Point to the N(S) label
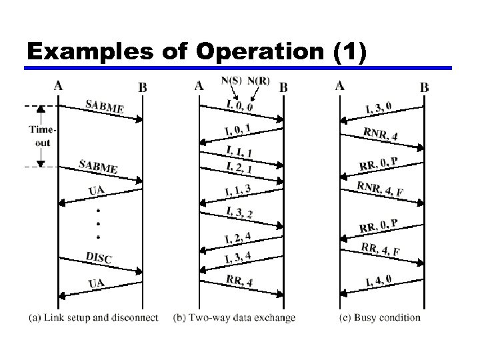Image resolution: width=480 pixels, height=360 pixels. click(231, 81)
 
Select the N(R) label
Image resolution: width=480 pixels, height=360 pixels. click(259, 81)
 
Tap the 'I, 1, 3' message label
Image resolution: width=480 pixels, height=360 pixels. click(237, 191)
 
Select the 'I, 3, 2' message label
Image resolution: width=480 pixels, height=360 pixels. click(239, 213)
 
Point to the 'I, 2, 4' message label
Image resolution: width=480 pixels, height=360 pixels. click(238, 237)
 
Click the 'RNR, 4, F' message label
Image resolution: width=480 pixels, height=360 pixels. click(379, 189)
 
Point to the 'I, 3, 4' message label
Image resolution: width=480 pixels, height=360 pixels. click(238, 257)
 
